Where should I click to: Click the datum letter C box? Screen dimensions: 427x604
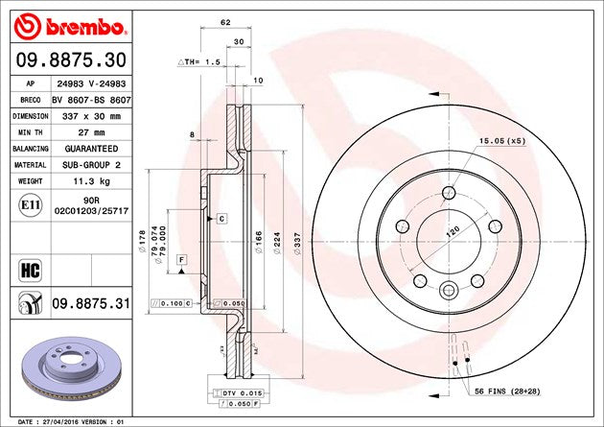[221, 219]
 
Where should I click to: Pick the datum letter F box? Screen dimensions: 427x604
[180, 261]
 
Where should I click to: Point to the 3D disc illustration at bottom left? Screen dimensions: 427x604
[66, 369]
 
